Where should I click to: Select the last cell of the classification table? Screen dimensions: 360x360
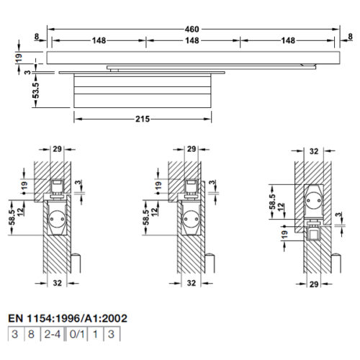112,334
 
